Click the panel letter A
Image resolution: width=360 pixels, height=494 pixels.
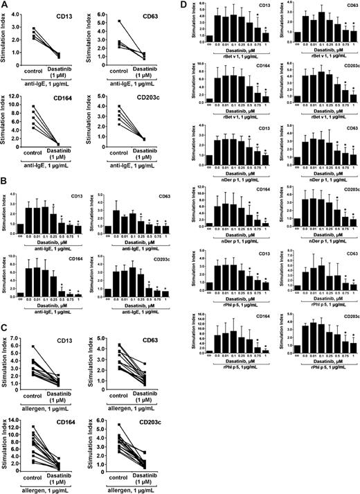(5, 6)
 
